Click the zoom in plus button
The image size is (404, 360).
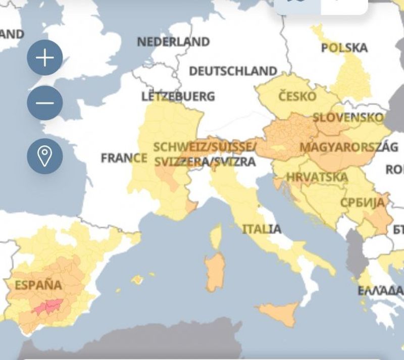(45, 58)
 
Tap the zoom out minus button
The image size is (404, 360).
(45, 103)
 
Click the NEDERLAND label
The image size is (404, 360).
(173, 42)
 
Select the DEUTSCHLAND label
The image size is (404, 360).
(233, 71)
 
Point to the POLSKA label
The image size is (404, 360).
(344, 48)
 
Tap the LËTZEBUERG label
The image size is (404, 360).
(178, 96)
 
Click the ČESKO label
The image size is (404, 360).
(297, 96)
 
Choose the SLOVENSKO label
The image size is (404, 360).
(348, 118)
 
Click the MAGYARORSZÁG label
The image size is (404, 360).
(348, 147)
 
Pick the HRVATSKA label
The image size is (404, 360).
(317, 177)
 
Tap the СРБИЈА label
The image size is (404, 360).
(362, 202)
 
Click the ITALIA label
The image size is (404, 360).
(262, 229)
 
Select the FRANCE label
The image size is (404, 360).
(124, 158)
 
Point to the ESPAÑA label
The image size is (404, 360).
(38, 285)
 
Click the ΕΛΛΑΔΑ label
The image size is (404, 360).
(380, 291)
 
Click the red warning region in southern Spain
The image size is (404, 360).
(48, 306)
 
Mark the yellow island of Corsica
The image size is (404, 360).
(216, 236)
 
